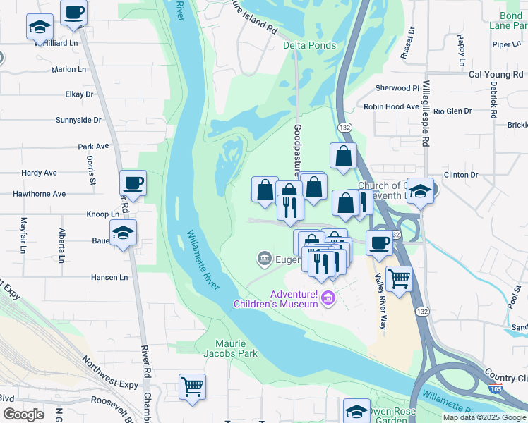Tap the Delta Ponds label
[x=309, y=45]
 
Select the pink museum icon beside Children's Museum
[x=327, y=300]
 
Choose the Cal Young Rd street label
[x=498, y=74]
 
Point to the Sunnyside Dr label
[x=78, y=120]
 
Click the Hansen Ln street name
[x=109, y=278]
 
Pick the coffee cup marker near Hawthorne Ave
[x=133, y=183]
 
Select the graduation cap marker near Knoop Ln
[x=123, y=233]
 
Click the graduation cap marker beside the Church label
[x=419, y=191]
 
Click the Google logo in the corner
[x=23, y=415]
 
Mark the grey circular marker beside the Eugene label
[x=265, y=259]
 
